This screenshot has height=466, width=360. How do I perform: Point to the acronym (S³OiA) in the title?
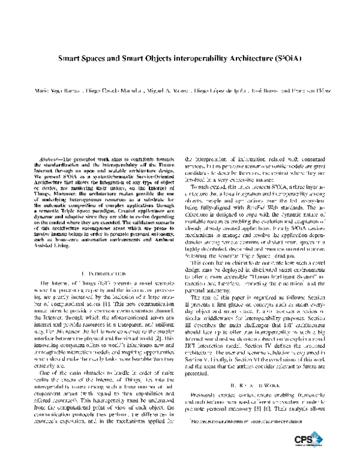[x=283, y=61]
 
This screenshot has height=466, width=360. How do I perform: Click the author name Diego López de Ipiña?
[x=223, y=91]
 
